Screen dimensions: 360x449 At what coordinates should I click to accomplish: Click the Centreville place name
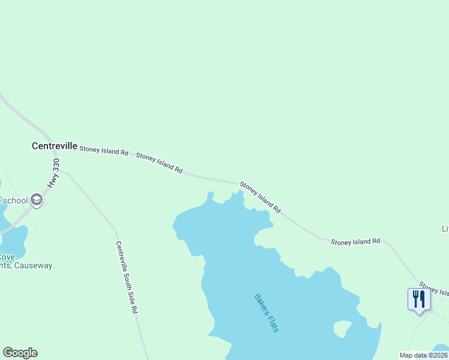[54, 146]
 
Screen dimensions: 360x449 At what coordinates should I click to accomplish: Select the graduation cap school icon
[37, 200]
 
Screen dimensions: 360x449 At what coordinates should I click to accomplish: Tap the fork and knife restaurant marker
[419, 299]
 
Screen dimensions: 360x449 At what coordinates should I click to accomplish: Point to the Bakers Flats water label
[267, 313]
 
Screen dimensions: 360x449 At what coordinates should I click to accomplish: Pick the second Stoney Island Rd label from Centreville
[159, 163]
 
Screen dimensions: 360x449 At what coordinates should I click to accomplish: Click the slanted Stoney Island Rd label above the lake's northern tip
[261, 197]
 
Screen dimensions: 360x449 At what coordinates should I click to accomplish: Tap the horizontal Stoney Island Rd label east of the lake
[355, 241]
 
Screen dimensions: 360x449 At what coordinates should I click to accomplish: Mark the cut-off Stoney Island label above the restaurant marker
[433, 289]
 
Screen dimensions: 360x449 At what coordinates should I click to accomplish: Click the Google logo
[20, 353]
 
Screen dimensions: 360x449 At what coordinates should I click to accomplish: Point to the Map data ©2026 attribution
[423, 355]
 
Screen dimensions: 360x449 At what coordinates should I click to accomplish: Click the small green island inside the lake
[342, 328]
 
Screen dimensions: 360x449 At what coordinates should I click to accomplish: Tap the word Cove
[8, 256]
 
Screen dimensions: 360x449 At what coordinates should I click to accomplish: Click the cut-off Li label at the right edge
[445, 229]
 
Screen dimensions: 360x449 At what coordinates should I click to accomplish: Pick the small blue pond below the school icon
[12, 243]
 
